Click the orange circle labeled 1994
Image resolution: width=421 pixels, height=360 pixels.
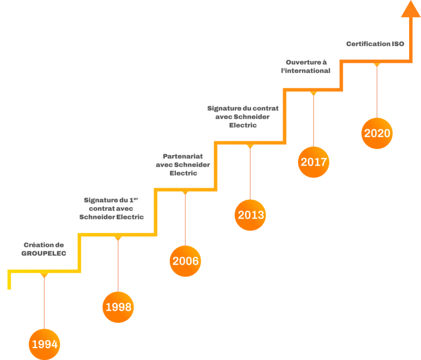(44, 344)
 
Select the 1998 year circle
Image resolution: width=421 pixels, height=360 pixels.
(118, 307)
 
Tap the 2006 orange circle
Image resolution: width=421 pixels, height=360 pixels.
(185, 261)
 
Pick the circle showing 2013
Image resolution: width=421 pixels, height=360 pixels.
(250, 215)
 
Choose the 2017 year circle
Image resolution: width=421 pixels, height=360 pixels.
(313, 162)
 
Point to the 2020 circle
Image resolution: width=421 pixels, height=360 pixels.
(377, 133)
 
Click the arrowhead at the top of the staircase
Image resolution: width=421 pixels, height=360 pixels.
(410, 9)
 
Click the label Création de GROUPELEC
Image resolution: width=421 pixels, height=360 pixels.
(44, 249)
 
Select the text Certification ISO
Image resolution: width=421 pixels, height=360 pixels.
(375, 44)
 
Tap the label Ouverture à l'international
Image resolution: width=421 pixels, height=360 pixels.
(306, 66)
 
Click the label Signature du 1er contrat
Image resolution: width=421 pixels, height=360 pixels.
(111, 208)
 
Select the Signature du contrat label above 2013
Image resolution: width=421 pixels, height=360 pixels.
(243, 117)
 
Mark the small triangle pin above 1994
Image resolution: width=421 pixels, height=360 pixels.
(44, 275)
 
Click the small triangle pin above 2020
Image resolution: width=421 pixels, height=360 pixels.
(377, 65)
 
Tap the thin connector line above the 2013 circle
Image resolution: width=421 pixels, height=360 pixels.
(250, 173)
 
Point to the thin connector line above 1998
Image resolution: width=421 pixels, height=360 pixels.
(118, 263)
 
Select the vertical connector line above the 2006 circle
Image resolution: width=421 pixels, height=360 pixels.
(185, 218)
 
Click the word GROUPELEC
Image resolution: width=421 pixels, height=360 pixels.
(44, 254)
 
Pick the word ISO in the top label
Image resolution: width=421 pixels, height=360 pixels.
(398, 44)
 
